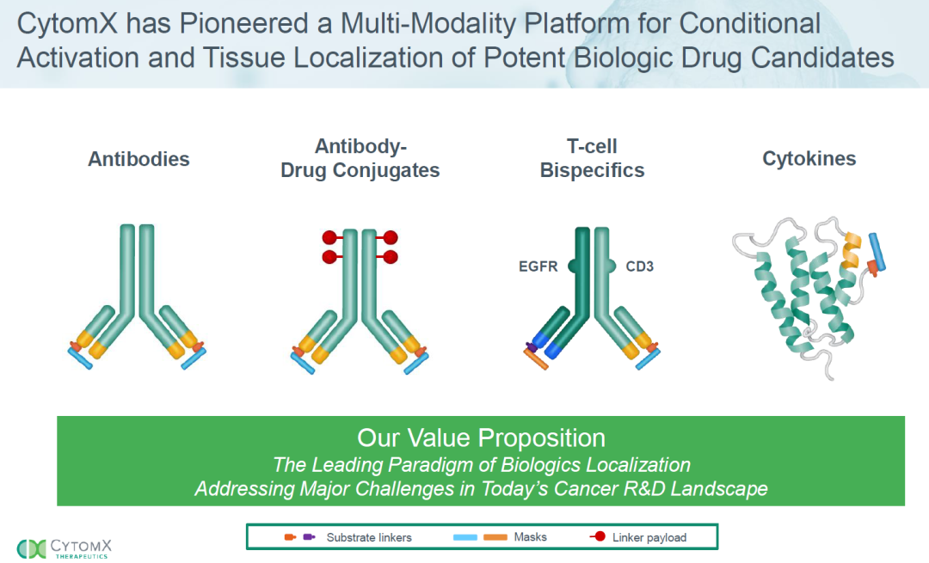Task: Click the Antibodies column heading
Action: (x=138, y=159)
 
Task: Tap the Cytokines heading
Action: (x=809, y=159)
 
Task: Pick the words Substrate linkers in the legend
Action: (x=369, y=537)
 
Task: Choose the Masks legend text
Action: (x=530, y=537)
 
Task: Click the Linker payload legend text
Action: (x=649, y=537)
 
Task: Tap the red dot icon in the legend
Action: (x=600, y=537)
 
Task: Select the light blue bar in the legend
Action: (x=465, y=537)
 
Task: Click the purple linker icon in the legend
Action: (x=308, y=537)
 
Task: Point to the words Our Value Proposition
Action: (x=481, y=438)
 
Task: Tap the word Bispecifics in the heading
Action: (x=592, y=170)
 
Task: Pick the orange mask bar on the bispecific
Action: (x=536, y=358)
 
